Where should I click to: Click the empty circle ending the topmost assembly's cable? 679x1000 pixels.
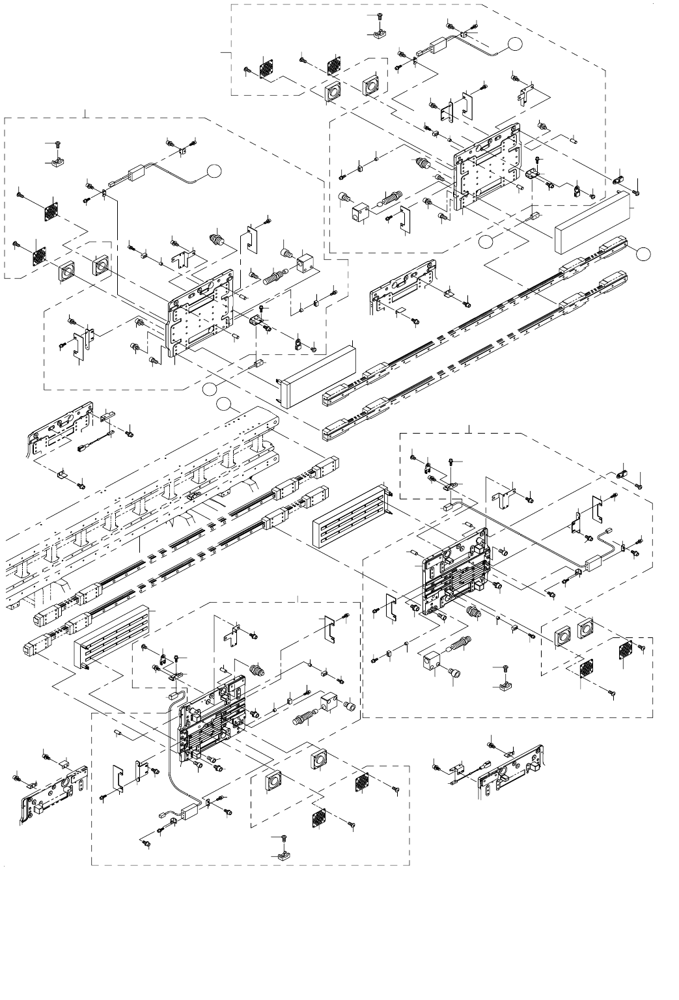tap(516, 44)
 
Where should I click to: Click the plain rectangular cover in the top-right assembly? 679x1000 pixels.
tap(592, 221)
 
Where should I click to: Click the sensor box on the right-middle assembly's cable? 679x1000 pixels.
tap(590, 565)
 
